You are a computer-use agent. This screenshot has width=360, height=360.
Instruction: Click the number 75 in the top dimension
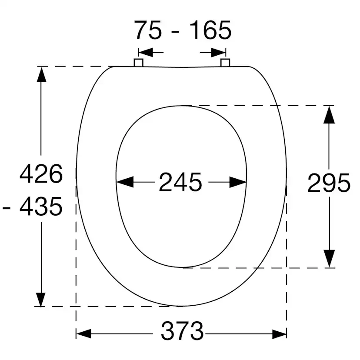[x=147, y=30]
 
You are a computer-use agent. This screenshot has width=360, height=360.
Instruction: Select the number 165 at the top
[x=210, y=30]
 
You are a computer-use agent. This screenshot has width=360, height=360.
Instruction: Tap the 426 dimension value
[x=41, y=173]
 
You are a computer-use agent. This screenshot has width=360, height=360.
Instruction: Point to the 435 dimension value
[x=41, y=207]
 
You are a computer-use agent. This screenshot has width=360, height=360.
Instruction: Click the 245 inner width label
[x=180, y=182]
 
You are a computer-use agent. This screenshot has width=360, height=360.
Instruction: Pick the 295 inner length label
[x=329, y=183]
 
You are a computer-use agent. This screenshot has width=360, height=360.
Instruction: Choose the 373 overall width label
[x=182, y=331]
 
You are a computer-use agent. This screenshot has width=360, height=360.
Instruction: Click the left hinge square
[x=138, y=63]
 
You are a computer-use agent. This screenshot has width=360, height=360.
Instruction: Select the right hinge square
[x=225, y=63]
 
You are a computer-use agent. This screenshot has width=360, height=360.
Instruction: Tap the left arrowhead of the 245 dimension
[x=125, y=182]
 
